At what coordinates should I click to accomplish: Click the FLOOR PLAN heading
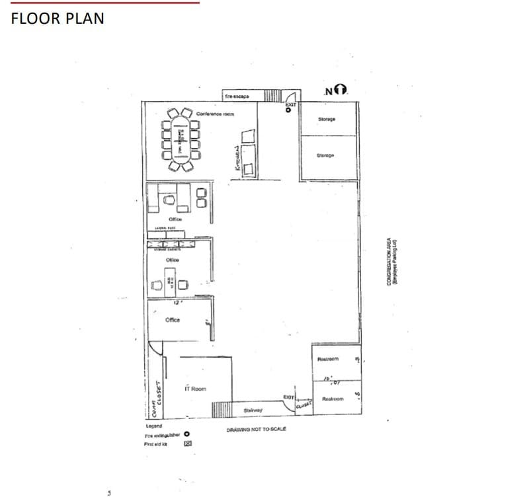pyautogui.click(x=58, y=18)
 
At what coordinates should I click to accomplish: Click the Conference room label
pyautogui.click(x=215, y=114)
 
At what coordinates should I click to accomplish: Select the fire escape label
pyautogui.click(x=237, y=96)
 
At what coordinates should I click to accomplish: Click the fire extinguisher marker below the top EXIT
pyautogui.click(x=288, y=111)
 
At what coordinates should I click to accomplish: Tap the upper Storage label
pyautogui.click(x=327, y=119)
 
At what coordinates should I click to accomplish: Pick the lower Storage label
pyautogui.click(x=325, y=155)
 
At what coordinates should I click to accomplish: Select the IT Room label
pyautogui.click(x=195, y=389)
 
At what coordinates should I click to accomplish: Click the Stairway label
pyautogui.click(x=253, y=410)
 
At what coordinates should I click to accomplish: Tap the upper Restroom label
pyautogui.click(x=328, y=359)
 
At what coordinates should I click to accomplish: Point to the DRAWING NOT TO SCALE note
pyautogui.click(x=256, y=430)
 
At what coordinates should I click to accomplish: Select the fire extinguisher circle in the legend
pyautogui.click(x=186, y=435)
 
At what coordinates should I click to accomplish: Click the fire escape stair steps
pyautogui.click(x=273, y=95)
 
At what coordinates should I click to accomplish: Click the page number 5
pyautogui.click(x=109, y=492)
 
